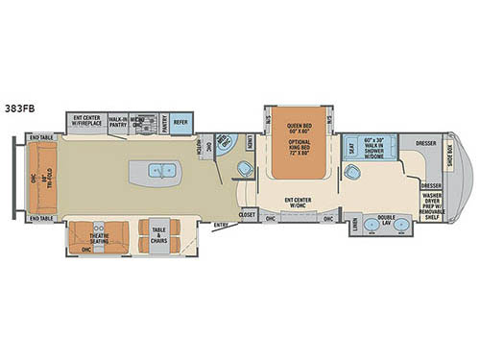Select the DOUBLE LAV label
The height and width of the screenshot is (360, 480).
(386, 219)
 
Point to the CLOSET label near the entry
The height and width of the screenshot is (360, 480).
(247, 215)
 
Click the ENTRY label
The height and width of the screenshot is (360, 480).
(223, 227)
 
